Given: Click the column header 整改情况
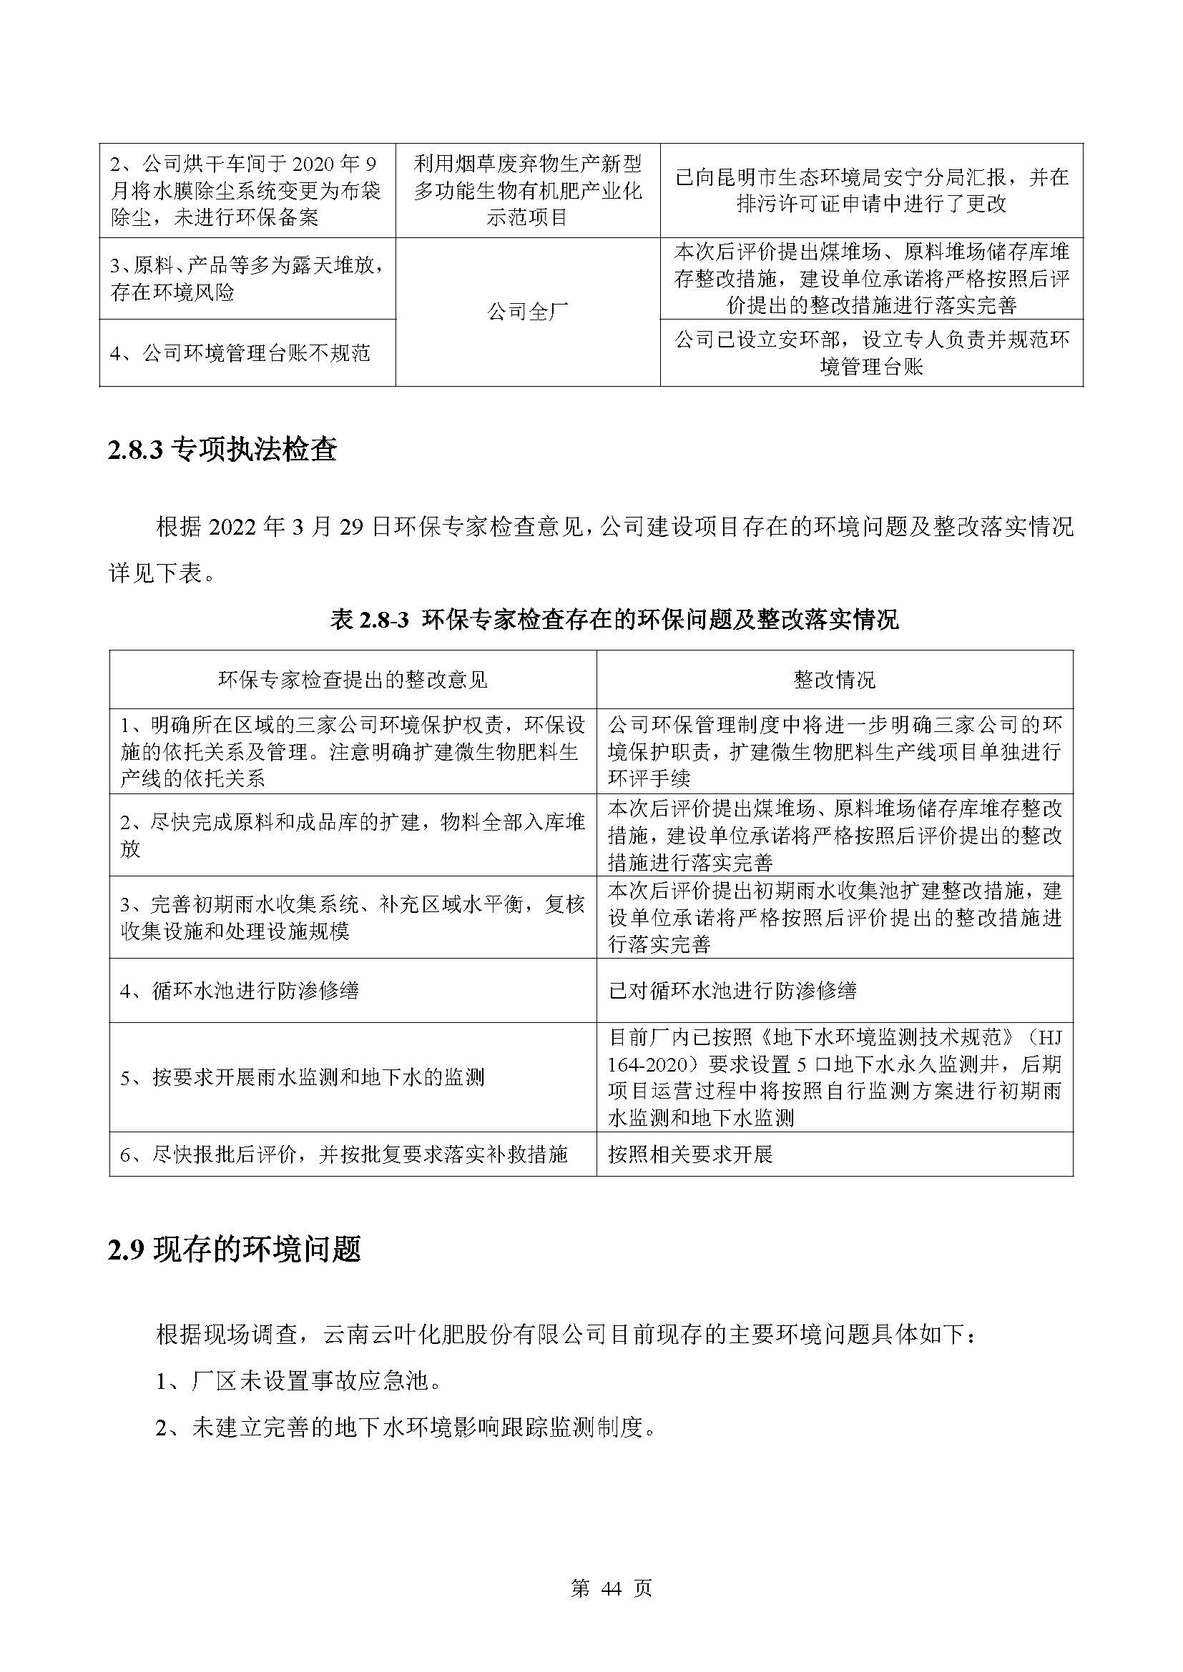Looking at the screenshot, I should (x=834, y=680).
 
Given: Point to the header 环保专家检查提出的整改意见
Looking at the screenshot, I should (x=353, y=680).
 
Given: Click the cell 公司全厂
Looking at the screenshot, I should (x=527, y=312).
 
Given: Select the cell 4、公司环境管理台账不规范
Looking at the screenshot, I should (x=240, y=354).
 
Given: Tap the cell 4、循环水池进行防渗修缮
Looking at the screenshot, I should (x=240, y=990).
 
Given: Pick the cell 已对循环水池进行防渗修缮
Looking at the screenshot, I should (x=732, y=990).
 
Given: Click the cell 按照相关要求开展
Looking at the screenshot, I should (x=689, y=1154).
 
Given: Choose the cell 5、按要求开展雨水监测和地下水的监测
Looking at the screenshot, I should (x=303, y=1077).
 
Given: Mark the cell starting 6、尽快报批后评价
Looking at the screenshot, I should (x=344, y=1154).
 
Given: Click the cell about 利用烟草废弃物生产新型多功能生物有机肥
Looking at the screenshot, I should (x=527, y=190).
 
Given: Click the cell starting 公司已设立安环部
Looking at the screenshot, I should (x=871, y=354).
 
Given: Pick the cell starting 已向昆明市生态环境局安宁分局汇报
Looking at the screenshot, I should (x=871, y=190).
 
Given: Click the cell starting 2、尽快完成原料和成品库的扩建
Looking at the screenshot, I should (x=353, y=835).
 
